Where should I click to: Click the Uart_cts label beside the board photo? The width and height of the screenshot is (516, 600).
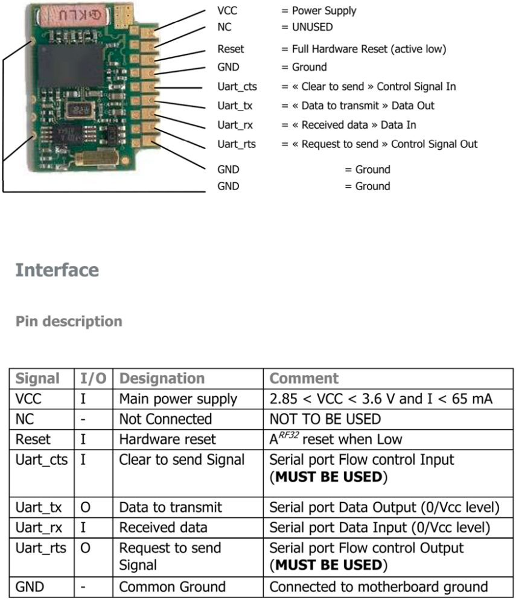pos(237,86)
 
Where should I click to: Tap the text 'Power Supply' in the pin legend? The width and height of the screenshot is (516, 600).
pos(324,10)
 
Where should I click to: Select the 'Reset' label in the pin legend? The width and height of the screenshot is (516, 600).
pos(231,49)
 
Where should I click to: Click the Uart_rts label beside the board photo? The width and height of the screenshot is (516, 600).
pos(236,144)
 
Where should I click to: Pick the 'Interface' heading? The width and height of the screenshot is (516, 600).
pos(57,270)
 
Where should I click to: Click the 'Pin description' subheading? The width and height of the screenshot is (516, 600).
pos(68,321)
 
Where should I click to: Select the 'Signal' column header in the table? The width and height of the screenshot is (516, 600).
pos(37,378)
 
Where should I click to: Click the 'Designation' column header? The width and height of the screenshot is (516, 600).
pos(162,378)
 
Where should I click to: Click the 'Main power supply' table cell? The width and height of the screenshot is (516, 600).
pos(178,399)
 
